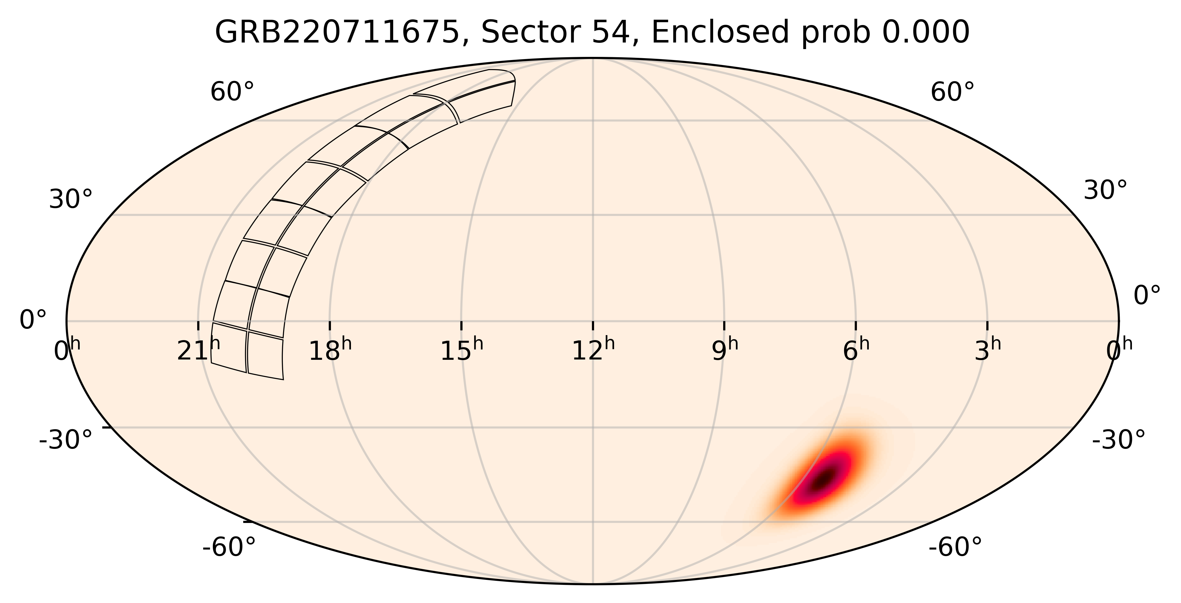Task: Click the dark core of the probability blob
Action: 824,480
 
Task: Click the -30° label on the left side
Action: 66,440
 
